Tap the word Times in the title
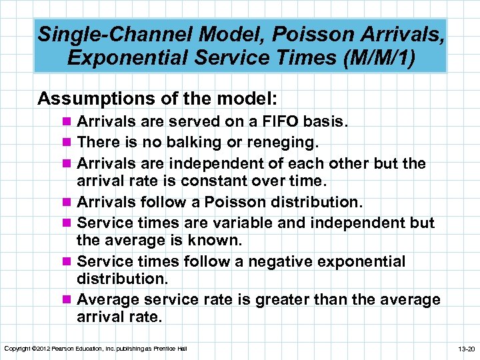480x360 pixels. [x=267, y=57]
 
